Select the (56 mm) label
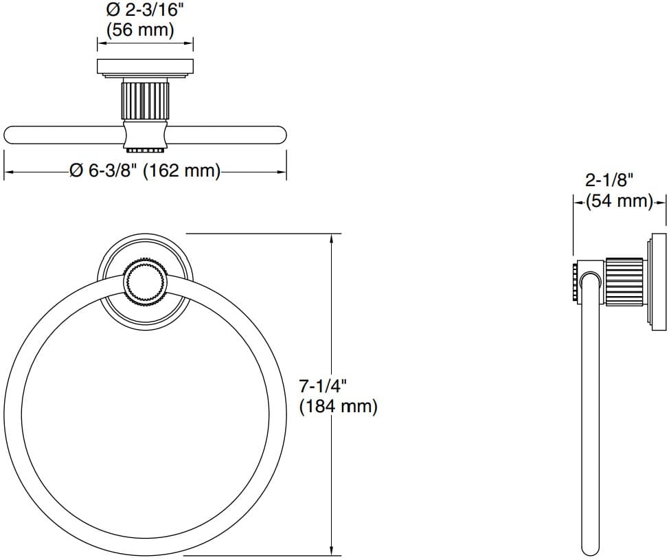[140, 30]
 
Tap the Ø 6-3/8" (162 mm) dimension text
[145, 171]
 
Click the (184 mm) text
[338, 406]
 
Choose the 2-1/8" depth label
[609, 181]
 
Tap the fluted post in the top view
[144, 100]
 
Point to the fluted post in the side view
[624, 280]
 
